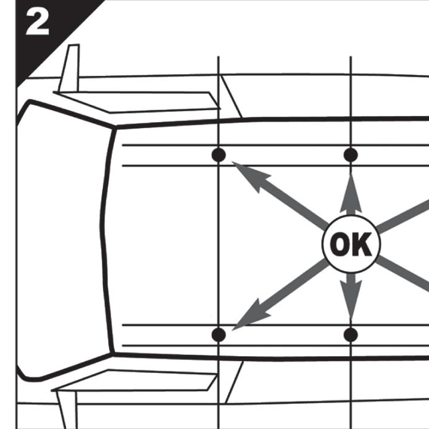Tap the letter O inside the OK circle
[339, 244]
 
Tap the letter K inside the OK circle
[360, 244]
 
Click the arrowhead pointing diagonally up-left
[250, 176]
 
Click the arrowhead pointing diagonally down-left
[250, 315]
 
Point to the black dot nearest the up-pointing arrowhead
[350, 155]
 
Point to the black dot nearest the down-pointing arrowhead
[350, 335]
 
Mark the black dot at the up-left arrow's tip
[218, 155]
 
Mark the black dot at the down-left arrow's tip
[218, 335]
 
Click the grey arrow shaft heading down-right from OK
[402, 274]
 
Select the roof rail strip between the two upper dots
[285, 155]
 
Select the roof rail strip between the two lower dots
[285, 335]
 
